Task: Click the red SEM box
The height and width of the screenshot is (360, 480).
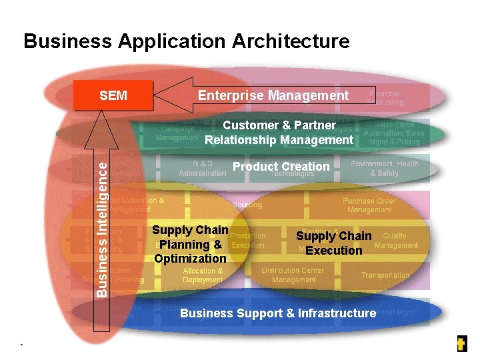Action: [113, 95]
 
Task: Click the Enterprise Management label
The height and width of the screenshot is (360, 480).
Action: [273, 95]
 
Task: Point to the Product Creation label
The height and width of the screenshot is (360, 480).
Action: [281, 166]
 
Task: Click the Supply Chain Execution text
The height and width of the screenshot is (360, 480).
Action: [333, 243]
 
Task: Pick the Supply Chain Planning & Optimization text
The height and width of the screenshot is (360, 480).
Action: [190, 244]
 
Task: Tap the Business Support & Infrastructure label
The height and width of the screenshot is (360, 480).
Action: [278, 313]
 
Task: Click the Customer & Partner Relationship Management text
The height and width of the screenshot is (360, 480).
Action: [279, 133]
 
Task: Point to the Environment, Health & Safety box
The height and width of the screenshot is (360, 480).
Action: [384, 168]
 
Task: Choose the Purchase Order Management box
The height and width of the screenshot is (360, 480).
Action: [369, 205]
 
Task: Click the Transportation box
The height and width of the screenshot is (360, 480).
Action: [385, 275]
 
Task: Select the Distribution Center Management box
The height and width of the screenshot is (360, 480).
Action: [293, 275]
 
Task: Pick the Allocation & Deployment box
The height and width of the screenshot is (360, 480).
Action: [203, 275]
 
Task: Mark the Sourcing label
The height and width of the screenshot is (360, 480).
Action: [247, 205]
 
